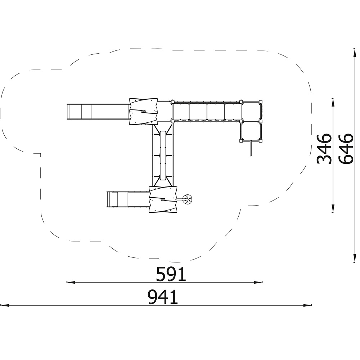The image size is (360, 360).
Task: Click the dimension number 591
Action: tap(171, 274)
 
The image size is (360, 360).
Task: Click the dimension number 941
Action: tap(163, 297)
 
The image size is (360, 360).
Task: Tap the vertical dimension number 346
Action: tap(324, 149)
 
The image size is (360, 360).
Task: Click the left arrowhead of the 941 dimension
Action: tap(5, 305)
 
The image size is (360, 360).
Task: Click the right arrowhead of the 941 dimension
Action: tap(308, 305)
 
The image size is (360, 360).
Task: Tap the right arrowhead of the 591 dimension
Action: tap(258, 282)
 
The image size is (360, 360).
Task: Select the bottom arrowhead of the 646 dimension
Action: tap(355, 258)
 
